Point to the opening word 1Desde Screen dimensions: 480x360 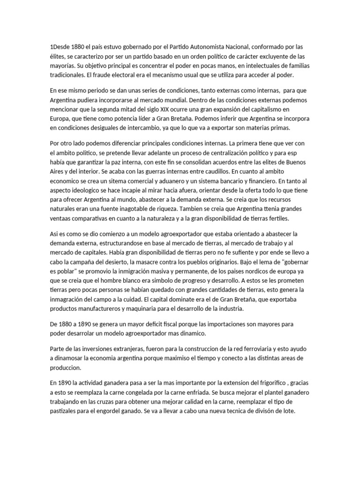coord(61,46)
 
